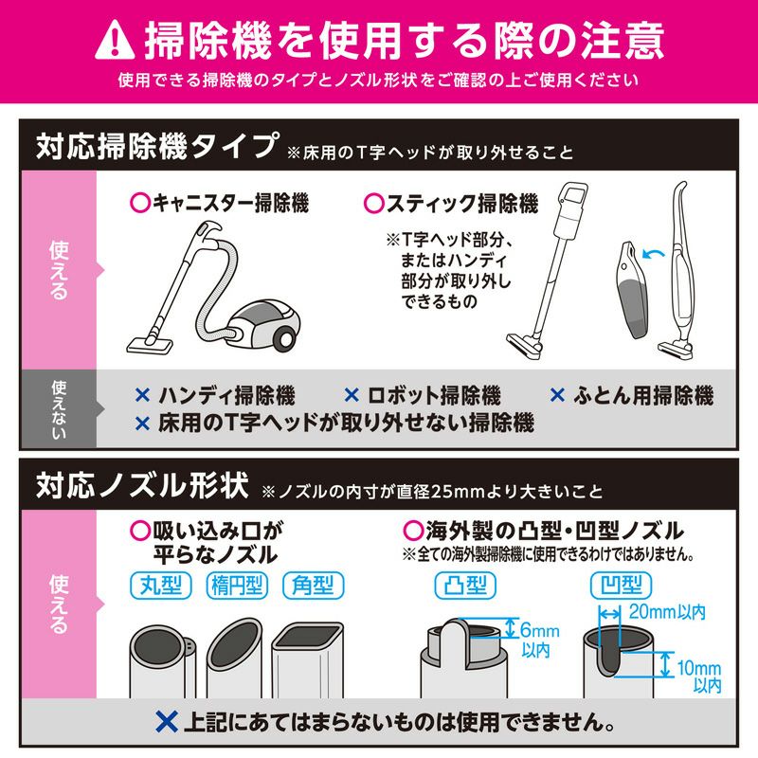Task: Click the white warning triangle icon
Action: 115,40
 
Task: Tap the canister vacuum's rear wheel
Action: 285,338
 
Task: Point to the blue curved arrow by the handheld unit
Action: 653,253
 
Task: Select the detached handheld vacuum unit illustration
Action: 633,289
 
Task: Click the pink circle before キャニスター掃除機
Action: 140,203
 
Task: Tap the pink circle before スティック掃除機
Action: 374,203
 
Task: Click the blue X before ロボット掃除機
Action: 352,395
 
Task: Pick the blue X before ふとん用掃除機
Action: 557,395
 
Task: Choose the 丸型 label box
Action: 161,586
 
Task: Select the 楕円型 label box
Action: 237,586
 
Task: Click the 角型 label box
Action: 314,586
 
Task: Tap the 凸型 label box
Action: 465,586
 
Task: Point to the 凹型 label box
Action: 622,586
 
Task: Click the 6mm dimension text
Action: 540,630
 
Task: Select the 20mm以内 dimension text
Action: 667,612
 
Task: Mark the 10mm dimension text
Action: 699,668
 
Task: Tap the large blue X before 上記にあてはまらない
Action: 168,722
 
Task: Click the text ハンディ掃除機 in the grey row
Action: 226,395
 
